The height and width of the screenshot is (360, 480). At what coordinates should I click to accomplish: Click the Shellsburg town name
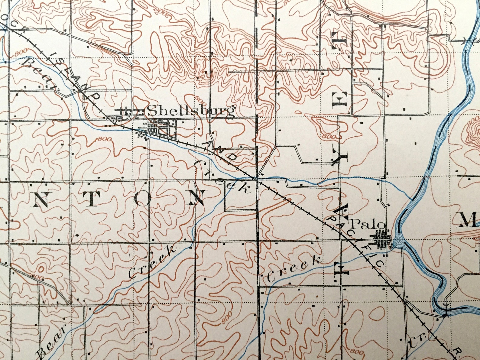pyautogui.click(x=191, y=111)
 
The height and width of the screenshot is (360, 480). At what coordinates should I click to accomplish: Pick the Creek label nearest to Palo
pyautogui.click(x=293, y=268)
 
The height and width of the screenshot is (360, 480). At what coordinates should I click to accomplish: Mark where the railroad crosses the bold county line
pyautogui.click(x=257, y=179)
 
